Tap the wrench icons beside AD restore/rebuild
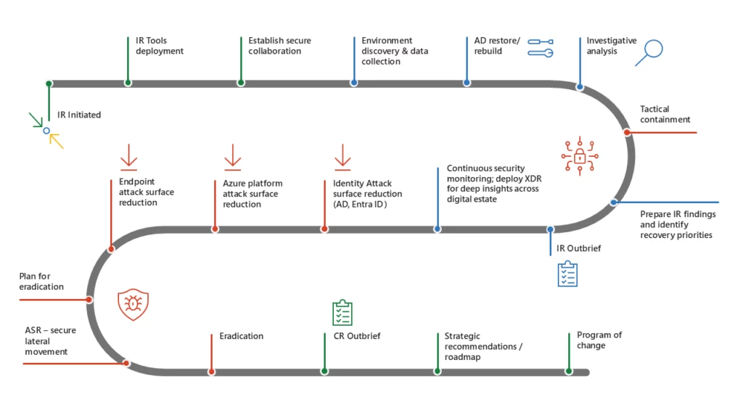(541, 47)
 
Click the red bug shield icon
(133, 305)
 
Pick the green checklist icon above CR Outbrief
(342, 313)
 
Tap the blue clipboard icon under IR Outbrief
(567, 274)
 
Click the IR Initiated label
(79, 115)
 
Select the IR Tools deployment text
(160, 46)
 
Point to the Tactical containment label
(665, 114)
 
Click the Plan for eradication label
(41, 282)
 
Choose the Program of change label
(599, 340)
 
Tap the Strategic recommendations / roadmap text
(483, 346)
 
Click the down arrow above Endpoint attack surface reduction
(128, 157)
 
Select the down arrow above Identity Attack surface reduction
(342, 157)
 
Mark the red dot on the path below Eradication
(211, 372)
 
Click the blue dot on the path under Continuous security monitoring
(438, 229)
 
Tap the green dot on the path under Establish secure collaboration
(240, 83)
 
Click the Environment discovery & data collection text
(395, 51)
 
